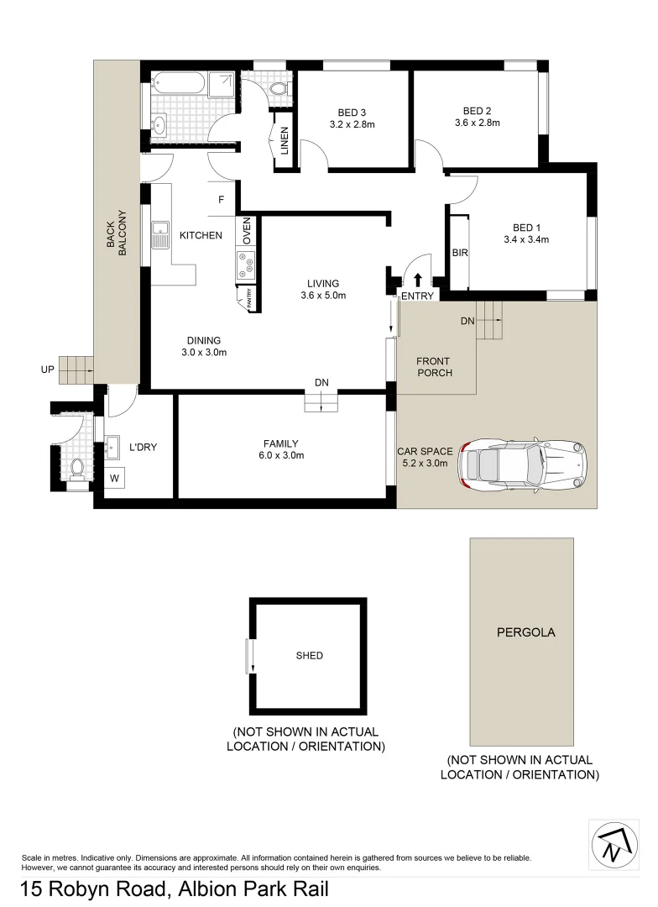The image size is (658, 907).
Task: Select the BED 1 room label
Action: pos(526,227)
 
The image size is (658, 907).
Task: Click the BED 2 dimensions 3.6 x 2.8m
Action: pos(477,123)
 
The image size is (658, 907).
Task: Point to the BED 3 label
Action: pos(352,112)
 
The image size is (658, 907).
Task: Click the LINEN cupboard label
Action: pos(285,140)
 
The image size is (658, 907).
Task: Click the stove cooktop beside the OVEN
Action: pos(247,265)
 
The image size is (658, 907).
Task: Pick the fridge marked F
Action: pos(222,200)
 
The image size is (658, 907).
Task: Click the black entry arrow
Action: pos(418,279)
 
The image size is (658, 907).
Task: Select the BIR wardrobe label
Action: pos(459,253)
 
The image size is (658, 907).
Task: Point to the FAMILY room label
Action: pos(281,443)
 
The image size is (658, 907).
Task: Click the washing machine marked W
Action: pos(115,479)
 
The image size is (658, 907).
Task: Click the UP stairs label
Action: pos(47,369)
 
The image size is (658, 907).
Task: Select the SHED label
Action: pos(309,656)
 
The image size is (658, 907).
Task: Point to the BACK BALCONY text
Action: pos(116,233)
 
